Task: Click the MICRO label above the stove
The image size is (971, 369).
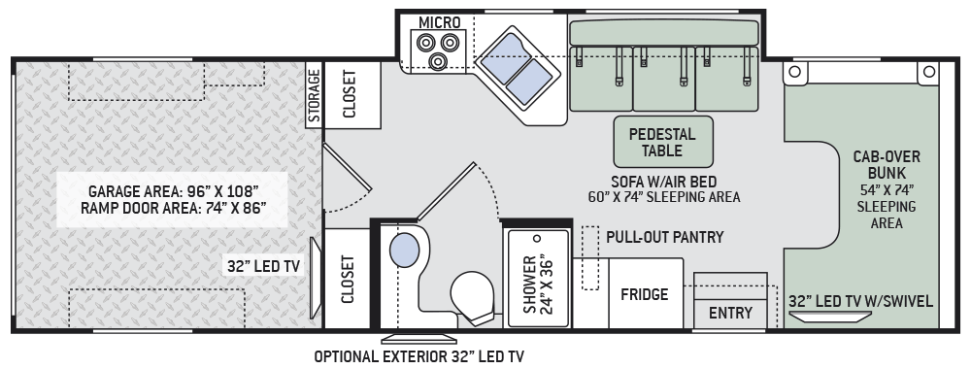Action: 440,23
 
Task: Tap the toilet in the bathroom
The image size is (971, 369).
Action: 474,298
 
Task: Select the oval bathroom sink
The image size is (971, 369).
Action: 404,251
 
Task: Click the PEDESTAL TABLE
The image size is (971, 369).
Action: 663,142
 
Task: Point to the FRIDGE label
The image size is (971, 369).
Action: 645,294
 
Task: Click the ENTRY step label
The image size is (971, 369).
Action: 730,314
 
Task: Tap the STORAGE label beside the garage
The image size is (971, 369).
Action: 314,95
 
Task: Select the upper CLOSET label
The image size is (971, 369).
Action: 350,94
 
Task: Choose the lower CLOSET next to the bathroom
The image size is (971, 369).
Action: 347,280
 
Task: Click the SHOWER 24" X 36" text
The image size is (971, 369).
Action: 538,284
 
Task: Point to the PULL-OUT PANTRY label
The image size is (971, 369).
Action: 664,237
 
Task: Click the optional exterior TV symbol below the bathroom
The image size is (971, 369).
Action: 419,339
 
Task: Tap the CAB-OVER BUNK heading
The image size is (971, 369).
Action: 887,165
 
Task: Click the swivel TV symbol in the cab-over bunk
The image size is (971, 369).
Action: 830,317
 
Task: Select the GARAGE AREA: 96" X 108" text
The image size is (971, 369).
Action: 173,190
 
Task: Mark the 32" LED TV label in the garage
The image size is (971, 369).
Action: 263,266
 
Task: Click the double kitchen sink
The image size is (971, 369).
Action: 517,69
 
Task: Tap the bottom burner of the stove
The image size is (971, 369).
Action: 438,60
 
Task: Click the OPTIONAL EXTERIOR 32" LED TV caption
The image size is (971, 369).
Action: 419,356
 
